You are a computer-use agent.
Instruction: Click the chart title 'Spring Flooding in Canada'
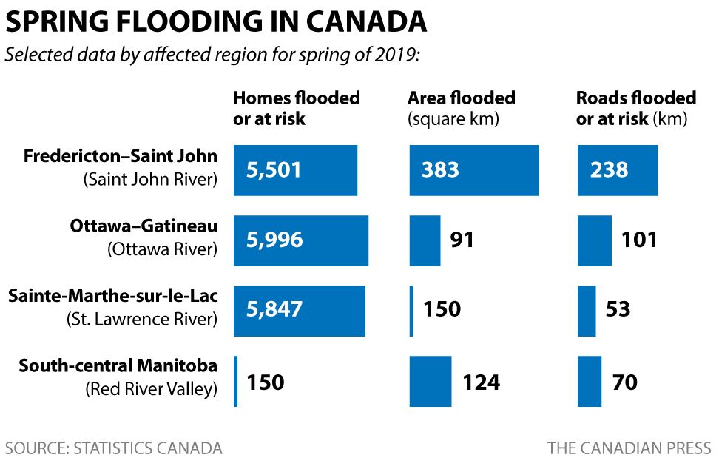tap(216, 21)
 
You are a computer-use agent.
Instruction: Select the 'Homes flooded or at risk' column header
tap(296, 108)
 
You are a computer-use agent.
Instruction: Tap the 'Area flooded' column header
tap(462, 108)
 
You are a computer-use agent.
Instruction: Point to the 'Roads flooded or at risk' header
tap(635, 108)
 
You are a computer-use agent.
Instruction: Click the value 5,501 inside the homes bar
tap(274, 170)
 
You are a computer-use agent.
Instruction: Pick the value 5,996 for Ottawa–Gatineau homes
tap(274, 240)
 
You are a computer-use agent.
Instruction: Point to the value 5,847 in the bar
tap(274, 308)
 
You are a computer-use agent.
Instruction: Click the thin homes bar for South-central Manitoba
tap(236, 381)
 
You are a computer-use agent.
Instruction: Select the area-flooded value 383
tap(440, 170)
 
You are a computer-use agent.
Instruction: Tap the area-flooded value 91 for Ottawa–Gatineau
tap(462, 240)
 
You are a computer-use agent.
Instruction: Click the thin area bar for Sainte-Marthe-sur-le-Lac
tap(411, 310)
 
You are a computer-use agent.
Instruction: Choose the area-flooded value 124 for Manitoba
tap(481, 382)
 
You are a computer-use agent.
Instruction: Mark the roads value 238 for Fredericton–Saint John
tap(609, 170)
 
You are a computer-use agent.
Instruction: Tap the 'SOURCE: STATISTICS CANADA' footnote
tap(113, 448)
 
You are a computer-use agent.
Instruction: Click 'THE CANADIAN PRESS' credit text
tap(629, 448)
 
